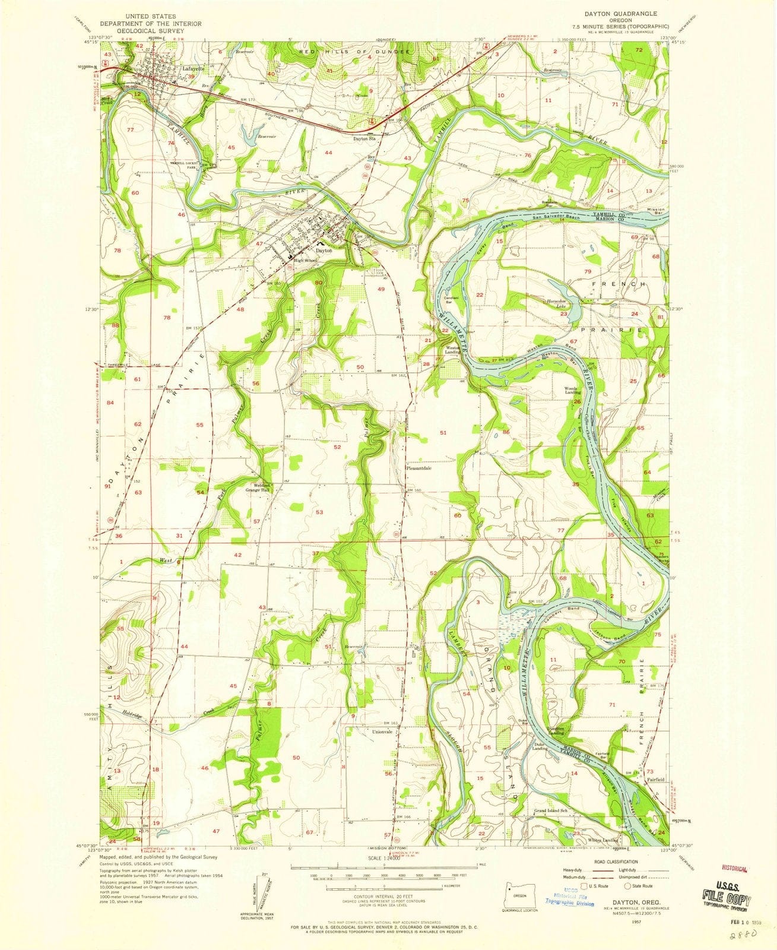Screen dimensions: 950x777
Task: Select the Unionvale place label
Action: [383, 732]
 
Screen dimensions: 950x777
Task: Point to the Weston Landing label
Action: [453, 350]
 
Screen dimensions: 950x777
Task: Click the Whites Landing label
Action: [603, 841]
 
